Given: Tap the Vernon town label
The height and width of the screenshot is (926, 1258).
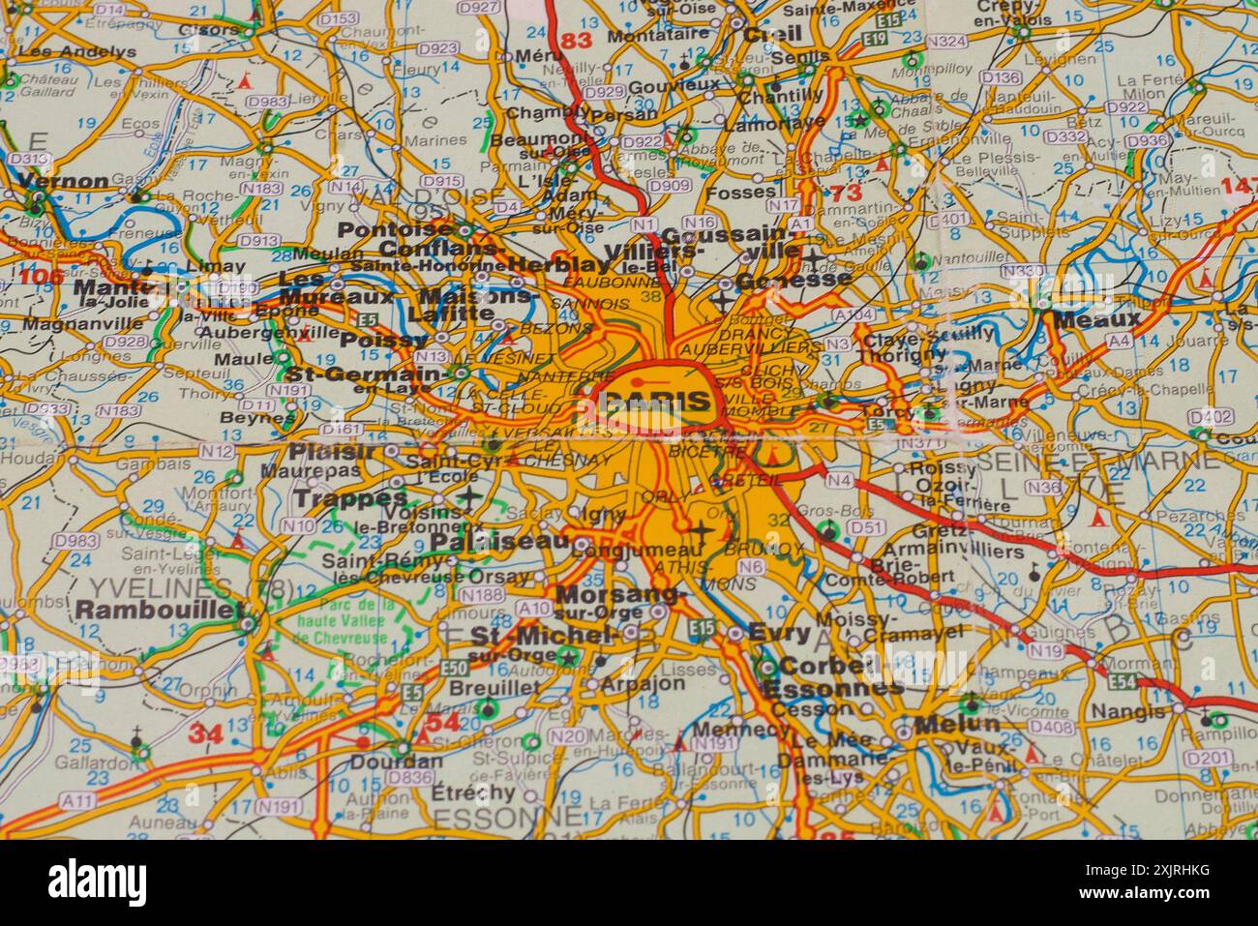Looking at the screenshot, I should (x=64, y=181).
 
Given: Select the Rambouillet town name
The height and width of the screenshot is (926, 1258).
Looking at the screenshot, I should (x=159, y=609).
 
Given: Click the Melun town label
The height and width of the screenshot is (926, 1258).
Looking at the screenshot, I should (x=955, y=724).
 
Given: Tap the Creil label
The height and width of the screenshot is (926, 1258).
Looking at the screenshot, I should (x=772, y=34).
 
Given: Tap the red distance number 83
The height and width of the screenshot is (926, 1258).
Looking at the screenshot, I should (x=575, y=41).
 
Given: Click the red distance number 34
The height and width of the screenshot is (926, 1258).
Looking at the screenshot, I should (x=205, y=732).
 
